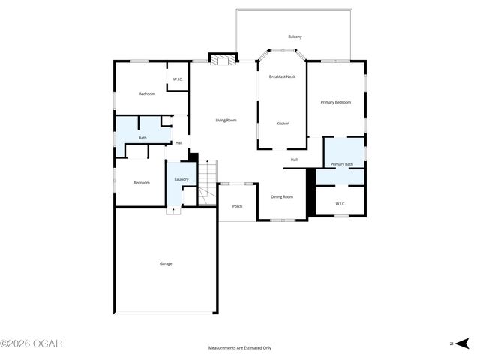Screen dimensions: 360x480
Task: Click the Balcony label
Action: click(295, 37)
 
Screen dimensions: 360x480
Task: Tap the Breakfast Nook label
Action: click(282, 76)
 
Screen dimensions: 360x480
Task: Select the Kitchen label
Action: click(283, 124)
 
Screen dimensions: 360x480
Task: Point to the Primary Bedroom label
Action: click(335, 102)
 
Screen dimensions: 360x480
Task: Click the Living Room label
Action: click(226, 121)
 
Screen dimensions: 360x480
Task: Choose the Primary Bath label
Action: click(342, 164)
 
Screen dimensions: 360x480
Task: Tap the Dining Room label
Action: click(282, 196)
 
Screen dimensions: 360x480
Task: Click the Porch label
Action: click(237, 206)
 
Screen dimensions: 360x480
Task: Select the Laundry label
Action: click(181, 180)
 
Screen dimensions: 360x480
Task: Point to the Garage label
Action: click(166, 263)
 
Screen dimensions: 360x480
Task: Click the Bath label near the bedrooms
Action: click(142, 138)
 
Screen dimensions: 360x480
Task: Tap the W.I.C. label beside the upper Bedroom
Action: click(178, 79)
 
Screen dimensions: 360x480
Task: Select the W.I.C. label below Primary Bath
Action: click(340, 203)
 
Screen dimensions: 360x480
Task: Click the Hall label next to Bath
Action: click(178, 143)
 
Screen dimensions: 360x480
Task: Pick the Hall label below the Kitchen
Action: click(294, 160)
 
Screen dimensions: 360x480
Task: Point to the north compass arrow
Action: click(462, 343)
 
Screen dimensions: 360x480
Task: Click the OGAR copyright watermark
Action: click(31, 343)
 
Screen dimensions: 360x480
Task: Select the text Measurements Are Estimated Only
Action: click(240, 348)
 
